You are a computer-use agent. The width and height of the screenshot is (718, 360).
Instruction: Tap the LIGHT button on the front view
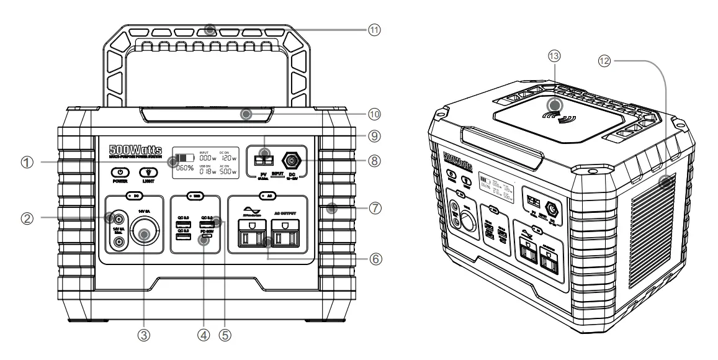146,173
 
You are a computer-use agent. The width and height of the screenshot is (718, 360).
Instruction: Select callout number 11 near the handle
374,29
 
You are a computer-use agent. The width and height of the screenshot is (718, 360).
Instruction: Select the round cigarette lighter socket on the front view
145,235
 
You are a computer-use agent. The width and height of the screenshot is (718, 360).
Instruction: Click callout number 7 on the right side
374,207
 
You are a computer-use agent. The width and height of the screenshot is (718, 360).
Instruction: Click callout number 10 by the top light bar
374,115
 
